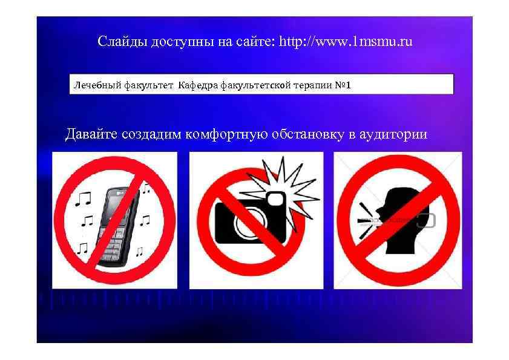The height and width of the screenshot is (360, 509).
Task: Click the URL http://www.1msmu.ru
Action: (x=346, y=42)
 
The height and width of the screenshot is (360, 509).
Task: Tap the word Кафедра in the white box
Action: (x=197, y=85)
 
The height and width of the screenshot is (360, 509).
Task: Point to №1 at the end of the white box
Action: (x=343, y=85)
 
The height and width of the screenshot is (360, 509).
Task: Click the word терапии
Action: (x=312, y=85)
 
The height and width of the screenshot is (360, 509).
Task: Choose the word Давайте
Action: (x=91, y=134)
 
